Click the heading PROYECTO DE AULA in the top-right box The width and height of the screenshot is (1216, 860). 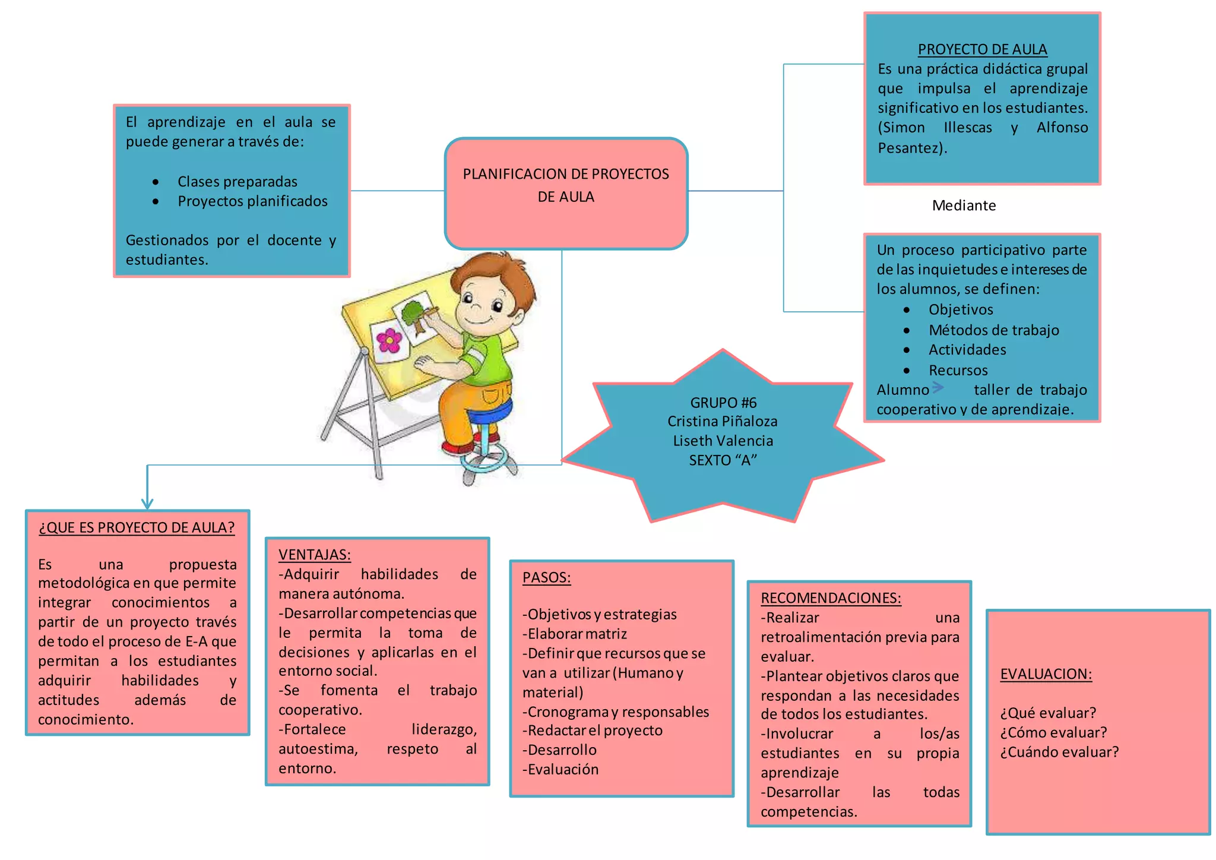(982, 49)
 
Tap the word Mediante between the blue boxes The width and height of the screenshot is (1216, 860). (964, 205)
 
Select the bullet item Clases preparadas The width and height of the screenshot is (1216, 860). (237, 182)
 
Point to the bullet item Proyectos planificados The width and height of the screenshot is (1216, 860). (252, 201)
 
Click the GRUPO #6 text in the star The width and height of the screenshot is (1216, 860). (723, 403)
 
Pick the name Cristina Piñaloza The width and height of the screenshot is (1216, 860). (722, 422)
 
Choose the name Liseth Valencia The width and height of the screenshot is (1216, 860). (723, 441)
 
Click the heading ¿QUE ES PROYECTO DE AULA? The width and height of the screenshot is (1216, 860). (137, 528)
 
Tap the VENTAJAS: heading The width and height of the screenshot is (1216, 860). (314, 555)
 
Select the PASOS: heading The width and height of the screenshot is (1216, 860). (546, 578)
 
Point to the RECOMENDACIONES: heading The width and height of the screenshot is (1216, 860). (831, 598)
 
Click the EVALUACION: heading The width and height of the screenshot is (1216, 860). (1046, 674)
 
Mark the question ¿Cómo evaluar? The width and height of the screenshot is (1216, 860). (1053, 733)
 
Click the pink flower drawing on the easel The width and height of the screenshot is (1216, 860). (389, 340)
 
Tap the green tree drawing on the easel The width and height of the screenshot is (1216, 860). (414, 314)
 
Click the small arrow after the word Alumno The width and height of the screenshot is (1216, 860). (938, 388)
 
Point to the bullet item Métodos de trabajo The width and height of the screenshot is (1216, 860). (993, 330)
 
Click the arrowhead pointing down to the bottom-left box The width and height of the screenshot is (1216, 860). (147, 504)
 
